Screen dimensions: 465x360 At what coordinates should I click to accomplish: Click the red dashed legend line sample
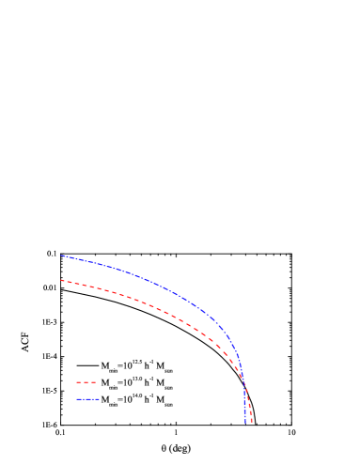pos(86,382)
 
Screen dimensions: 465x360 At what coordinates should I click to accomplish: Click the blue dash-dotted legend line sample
pos(87,399)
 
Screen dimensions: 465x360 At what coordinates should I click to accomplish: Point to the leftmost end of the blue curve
pos(61,256)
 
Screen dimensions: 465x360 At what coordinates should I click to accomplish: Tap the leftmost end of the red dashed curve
pos(61,280)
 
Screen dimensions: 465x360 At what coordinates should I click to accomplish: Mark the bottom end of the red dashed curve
pos(252,423)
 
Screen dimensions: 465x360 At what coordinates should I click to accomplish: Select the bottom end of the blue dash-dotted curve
pos(245,423)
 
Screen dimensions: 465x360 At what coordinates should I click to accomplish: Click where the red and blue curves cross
pos(245,384)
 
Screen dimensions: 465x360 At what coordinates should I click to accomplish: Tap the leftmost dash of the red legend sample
pos(79,382)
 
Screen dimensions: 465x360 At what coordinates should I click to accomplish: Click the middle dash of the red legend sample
pos(86,382)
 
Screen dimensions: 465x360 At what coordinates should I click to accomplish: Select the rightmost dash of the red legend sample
pos(94,382)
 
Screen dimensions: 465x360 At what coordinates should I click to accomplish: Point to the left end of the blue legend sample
pos(77,399)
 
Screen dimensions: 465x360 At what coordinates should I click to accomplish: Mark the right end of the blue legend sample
pos(99,399)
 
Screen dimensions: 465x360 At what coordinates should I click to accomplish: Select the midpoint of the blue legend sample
pos(87,399)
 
